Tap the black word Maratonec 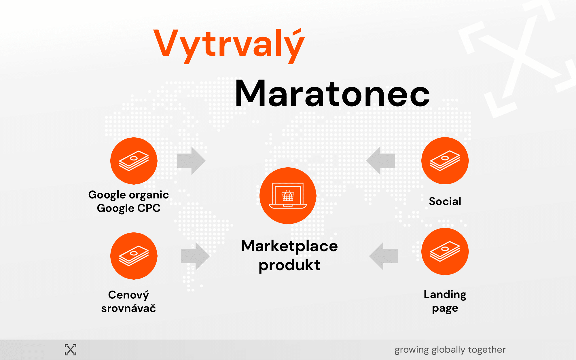click(332, 94)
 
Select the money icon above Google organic click(134, 161)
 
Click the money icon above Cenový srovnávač click(134, 256)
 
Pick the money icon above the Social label click(445, 161)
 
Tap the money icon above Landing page click(445, 251)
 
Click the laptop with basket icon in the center click(288, 196)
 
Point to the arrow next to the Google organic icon click(191, 161)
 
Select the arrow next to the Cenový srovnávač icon click(195, 256)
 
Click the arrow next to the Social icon click(380, 161)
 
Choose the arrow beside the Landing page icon click(384, 256)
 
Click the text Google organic click(128, 195)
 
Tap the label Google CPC click(128, 208)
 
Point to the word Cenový click(128, 295)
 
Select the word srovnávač click(128, 308)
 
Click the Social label click(445, 201)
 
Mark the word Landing click(445, 295)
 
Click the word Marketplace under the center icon click(289, 246)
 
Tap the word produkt click(289, 265)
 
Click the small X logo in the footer click(71, 350)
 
